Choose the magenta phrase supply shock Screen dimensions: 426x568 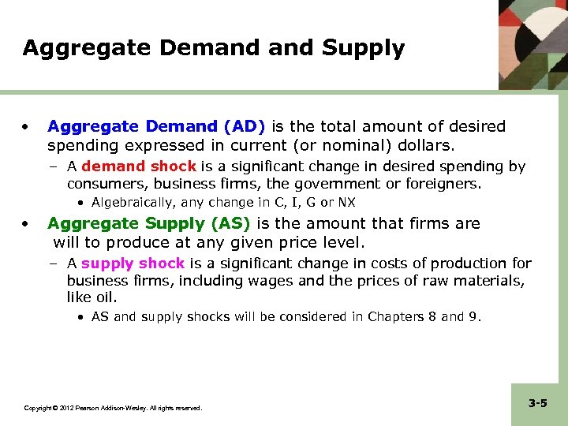133,263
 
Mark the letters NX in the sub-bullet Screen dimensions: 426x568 346,203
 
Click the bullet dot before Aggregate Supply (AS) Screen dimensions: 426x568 27,223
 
